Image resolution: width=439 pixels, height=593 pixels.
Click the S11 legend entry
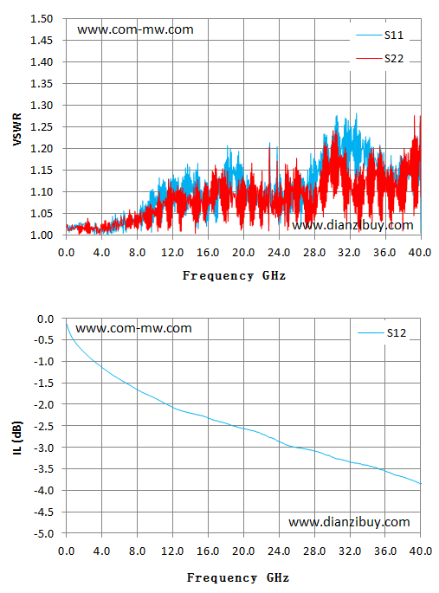[x=379, y=35]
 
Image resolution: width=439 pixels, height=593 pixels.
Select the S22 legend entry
[x=379, y=59]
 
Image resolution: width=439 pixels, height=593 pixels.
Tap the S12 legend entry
[x=382, y=332]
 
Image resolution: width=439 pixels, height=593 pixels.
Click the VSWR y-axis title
[x=17, y=129]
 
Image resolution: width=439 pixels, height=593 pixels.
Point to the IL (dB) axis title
[x=17, y=437]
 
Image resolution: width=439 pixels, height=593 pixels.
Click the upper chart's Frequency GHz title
[x=234, y=275]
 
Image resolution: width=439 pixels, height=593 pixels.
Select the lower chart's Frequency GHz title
[x=238, y=577]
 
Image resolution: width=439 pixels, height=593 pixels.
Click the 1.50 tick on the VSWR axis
[x=42, y=18]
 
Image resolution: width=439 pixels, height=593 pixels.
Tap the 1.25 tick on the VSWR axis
[x=42, y=126]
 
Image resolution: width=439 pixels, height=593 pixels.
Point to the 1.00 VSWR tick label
[x=42, y=235]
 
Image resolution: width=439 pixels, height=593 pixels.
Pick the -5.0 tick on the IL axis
[x=44, y=533]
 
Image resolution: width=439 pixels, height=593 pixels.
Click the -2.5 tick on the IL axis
[x=44, y=426]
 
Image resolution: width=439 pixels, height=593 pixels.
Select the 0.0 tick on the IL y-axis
[x=46, y=319]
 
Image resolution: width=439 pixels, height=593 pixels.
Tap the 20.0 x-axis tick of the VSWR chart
[x=243, y=252]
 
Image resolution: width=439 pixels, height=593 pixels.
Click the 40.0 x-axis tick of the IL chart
[x=421, y=551]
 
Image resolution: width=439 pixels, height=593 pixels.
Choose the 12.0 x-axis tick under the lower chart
[x=172, y=551]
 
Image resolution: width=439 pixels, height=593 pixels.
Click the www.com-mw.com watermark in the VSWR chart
[x=135, y=29]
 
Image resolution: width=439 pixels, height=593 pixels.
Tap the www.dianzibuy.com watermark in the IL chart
[x=349, y=522]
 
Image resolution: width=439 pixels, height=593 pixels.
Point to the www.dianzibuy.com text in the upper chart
[x=352, y=225]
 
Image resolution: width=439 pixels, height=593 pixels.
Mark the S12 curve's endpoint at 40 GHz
[x=421, y=484]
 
